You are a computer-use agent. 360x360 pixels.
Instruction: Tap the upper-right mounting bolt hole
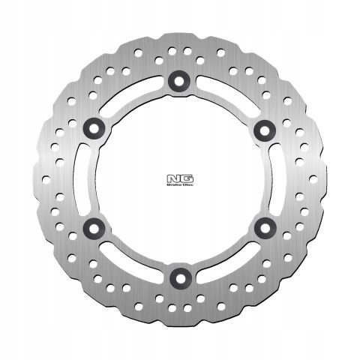262,129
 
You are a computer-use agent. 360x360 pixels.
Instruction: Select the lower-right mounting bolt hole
262,226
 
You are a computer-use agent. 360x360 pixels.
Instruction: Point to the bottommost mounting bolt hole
179,275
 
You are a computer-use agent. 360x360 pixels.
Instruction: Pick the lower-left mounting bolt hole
95,226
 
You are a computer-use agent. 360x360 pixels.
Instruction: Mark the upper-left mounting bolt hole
95,129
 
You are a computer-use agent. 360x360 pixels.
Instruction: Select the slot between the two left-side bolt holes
85,178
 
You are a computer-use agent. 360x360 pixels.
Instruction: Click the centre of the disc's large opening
179,178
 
